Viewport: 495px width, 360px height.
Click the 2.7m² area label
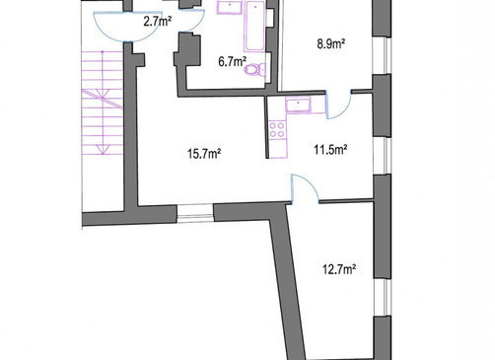click(158, 22)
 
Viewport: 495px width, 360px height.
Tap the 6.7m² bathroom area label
click(233, 61)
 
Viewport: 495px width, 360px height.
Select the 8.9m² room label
click(331, 43)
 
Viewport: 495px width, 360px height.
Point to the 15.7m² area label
click(204, 154)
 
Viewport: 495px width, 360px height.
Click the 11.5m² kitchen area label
click(330, 150)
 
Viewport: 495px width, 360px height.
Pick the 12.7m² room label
click(339, 269)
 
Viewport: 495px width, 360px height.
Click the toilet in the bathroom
click(255, 70)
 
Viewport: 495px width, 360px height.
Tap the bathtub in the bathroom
click(255, 27)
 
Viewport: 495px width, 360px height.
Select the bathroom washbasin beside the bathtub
click(229, 7)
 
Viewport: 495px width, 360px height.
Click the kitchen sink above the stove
click(298, 106)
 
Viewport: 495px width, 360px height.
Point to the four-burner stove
click(277, 129)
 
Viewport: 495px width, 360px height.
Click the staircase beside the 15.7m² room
click(103, 103)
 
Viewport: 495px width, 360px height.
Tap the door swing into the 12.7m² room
click(305, 187)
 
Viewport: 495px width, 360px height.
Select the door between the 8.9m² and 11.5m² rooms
click(339, 105)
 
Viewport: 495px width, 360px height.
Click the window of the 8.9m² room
click(382, 55)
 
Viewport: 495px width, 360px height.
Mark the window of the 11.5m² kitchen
click(382, 155)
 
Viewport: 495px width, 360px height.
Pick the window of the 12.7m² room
click(383, 297)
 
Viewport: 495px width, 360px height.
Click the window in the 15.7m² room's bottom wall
click(195, 213)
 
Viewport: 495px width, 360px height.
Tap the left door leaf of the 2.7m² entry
click(110, 28)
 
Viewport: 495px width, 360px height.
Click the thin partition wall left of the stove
click(267, 127)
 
